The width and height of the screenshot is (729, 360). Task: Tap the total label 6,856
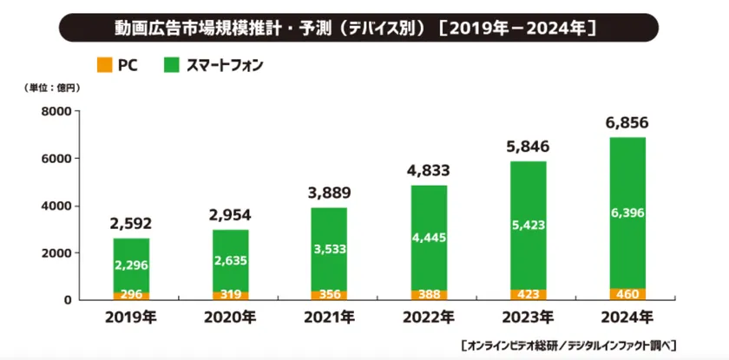[627, 123]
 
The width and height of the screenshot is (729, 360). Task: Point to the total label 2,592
[131, 224]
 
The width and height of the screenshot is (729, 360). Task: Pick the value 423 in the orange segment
[528, 293]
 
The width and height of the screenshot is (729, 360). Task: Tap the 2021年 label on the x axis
[329, 317]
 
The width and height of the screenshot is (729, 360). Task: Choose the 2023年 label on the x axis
[528, 317]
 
